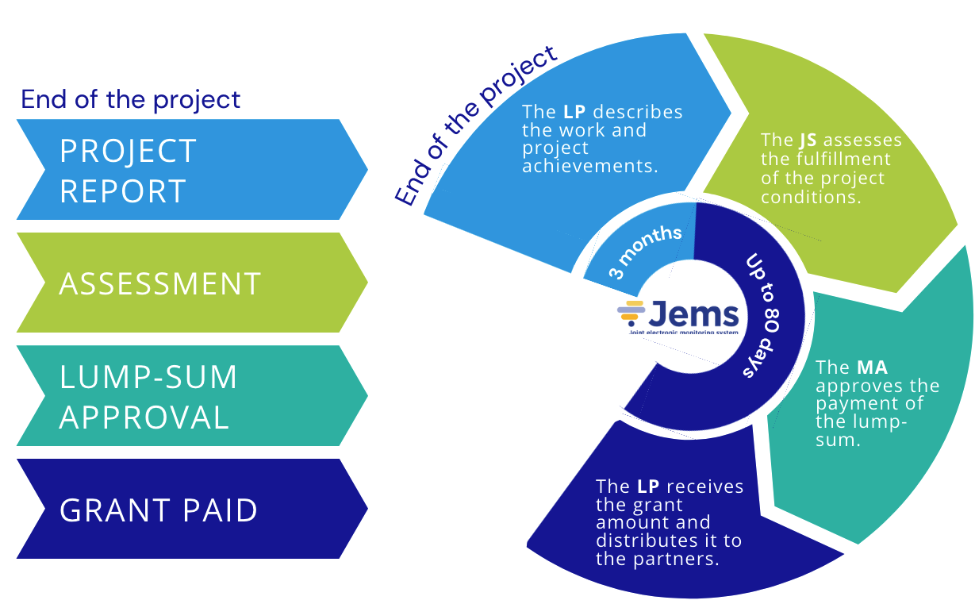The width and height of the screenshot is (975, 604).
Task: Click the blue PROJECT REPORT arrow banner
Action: (x=190, y=170)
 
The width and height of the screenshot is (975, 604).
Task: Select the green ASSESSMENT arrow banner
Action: (x=190, y=283)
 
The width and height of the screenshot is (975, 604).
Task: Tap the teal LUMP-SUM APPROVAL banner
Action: (x=190, y=396)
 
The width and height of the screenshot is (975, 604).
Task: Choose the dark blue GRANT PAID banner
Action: (x=190, y=510)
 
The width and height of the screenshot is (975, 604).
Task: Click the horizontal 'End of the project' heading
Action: (x=130, y=100)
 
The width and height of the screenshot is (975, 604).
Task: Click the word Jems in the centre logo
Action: (x=695, y=313)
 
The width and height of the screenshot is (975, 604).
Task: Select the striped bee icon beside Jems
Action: (x=631, y=313)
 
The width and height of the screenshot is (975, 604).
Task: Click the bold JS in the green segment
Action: (x=808, y=140)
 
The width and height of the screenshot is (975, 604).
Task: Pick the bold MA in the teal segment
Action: (x=872, y=367)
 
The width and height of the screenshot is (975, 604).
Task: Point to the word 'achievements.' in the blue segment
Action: (x=590, y=166)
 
